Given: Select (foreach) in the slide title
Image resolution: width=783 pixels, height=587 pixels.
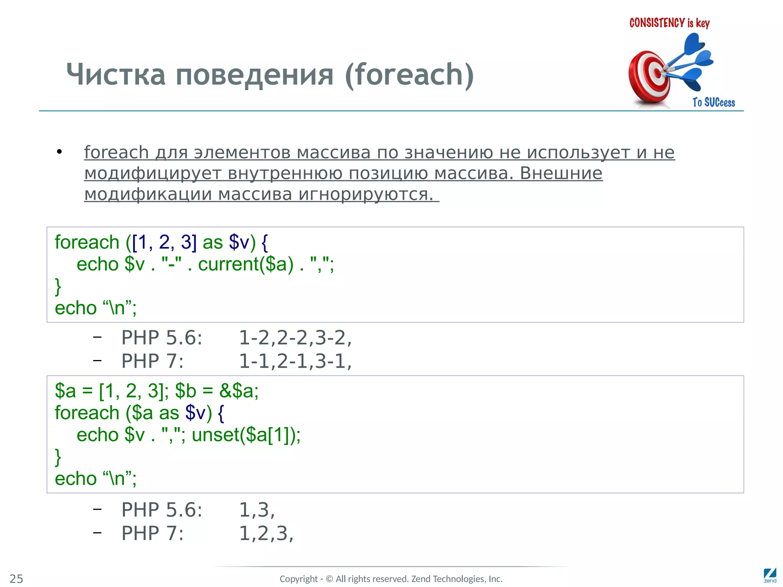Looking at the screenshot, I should [x=409, y=75].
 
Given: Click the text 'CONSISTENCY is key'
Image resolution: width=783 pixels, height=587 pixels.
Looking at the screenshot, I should [x=669, y=23].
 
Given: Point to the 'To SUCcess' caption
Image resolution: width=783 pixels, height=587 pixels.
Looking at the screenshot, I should [x=713, y=102].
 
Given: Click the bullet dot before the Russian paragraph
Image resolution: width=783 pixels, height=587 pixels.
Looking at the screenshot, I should [x=59, y=152].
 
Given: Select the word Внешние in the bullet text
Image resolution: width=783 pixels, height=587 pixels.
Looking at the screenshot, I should [x=561, y=173].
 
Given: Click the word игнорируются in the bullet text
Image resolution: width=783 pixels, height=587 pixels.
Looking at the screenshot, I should [x=366, y=194].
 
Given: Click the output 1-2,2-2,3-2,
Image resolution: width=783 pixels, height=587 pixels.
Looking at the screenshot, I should [x=295, y=338].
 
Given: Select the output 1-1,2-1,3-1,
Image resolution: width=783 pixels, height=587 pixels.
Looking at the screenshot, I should [x=295, y=361].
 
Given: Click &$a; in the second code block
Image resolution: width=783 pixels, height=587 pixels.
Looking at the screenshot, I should [x=239, y=391].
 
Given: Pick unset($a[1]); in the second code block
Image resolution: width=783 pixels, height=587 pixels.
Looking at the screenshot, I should [x=246, y=435].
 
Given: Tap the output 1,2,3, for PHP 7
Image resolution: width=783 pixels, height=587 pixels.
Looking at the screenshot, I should [x=266, y=533].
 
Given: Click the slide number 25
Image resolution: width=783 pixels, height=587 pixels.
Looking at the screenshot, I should [x=16, y=579].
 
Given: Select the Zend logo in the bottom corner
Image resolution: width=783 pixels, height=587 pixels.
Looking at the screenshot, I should [x=770, y=575].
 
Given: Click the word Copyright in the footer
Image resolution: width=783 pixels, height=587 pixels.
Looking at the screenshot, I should [x=299, y=579].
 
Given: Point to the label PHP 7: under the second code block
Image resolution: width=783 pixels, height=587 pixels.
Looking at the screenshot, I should [x=152, y=533].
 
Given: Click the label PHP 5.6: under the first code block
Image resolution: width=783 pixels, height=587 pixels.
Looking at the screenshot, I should [x=162, y=338].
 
